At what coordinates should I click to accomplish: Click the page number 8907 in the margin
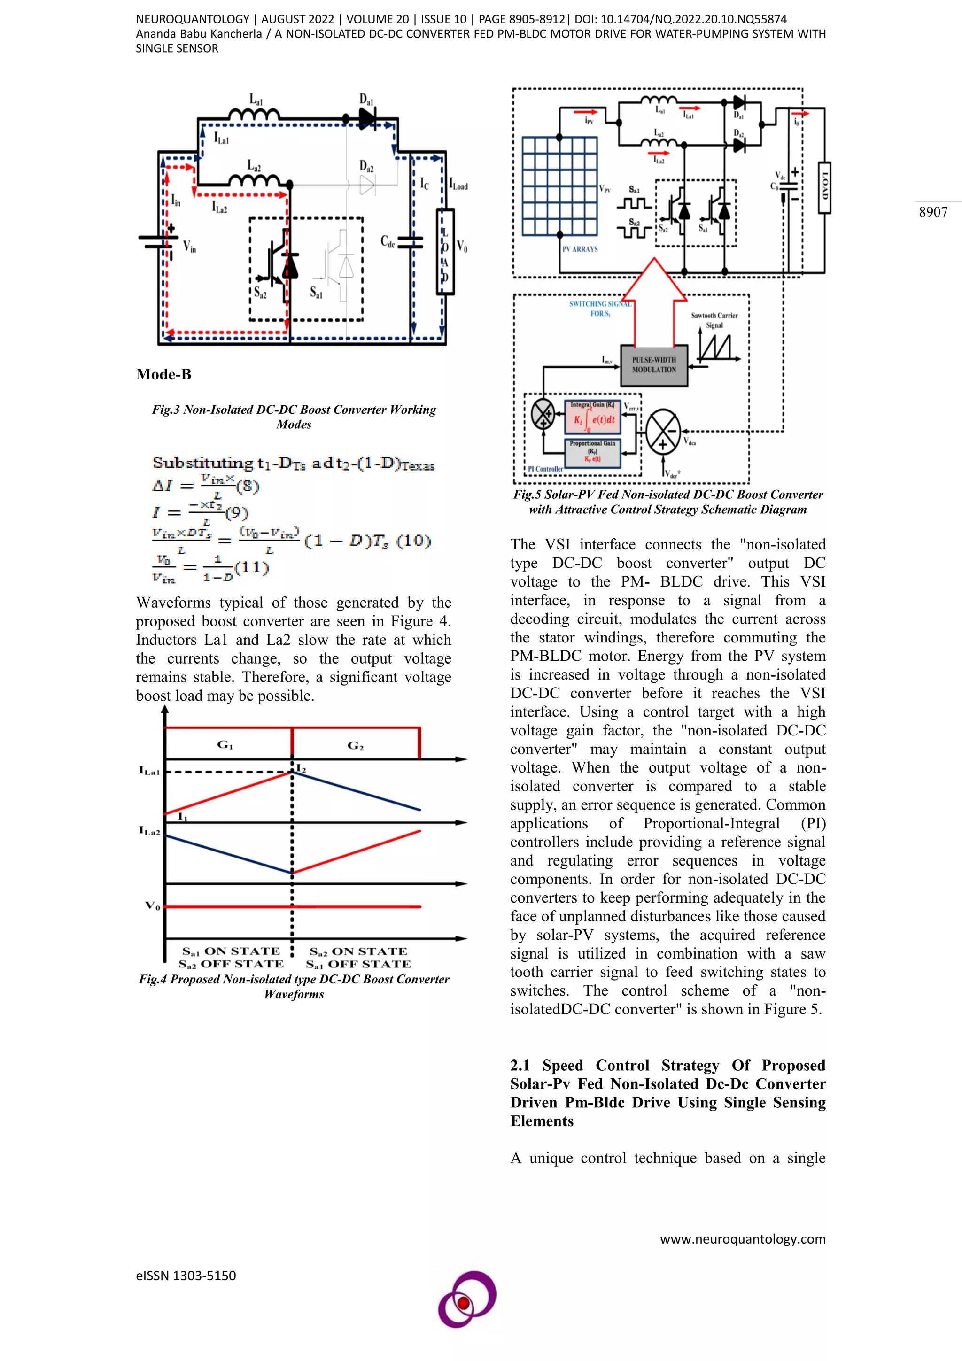[933, 212]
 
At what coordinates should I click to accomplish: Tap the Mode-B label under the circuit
[163, 375]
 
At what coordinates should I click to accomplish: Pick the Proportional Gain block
[593, 452]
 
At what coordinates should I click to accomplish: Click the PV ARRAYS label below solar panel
[580, 249]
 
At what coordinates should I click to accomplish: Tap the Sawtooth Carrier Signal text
[714, 320]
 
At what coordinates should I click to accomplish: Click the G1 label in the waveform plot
[225, 745]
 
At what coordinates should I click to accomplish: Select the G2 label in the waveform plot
[355, 746]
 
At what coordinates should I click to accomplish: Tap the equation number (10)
[413, 541]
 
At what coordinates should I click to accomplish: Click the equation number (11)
[252, 568]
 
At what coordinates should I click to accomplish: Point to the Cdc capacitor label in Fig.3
[387, 242]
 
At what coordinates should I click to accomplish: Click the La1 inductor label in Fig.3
[256, 100]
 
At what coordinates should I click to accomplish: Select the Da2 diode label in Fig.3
[366, 165]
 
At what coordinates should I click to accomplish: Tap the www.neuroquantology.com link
[742, 1238]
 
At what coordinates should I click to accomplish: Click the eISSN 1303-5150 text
[186, 1276]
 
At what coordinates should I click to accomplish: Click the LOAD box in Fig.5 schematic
[824, 188]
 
